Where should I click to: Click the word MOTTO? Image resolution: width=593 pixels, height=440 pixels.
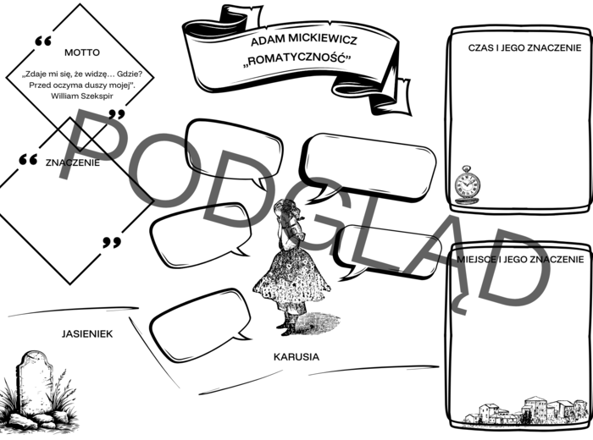tap(81, 52)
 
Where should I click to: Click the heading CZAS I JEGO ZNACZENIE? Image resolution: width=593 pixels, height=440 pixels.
tap(518, 48)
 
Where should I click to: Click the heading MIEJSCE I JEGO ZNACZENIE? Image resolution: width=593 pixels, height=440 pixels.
tap(519, 258)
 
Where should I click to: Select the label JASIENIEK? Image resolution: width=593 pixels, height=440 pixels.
tap(87, 333)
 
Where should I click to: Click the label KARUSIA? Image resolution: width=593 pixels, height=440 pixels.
tap(296, 356)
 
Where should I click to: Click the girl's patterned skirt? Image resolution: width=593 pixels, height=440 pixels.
tap(288, 275)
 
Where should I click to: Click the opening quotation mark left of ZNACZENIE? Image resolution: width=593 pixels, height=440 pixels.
tap(28, 159)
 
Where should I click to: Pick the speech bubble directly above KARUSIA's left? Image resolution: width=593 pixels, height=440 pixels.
tap(202, 323)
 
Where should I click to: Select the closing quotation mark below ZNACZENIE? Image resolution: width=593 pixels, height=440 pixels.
tap(112, 243)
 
